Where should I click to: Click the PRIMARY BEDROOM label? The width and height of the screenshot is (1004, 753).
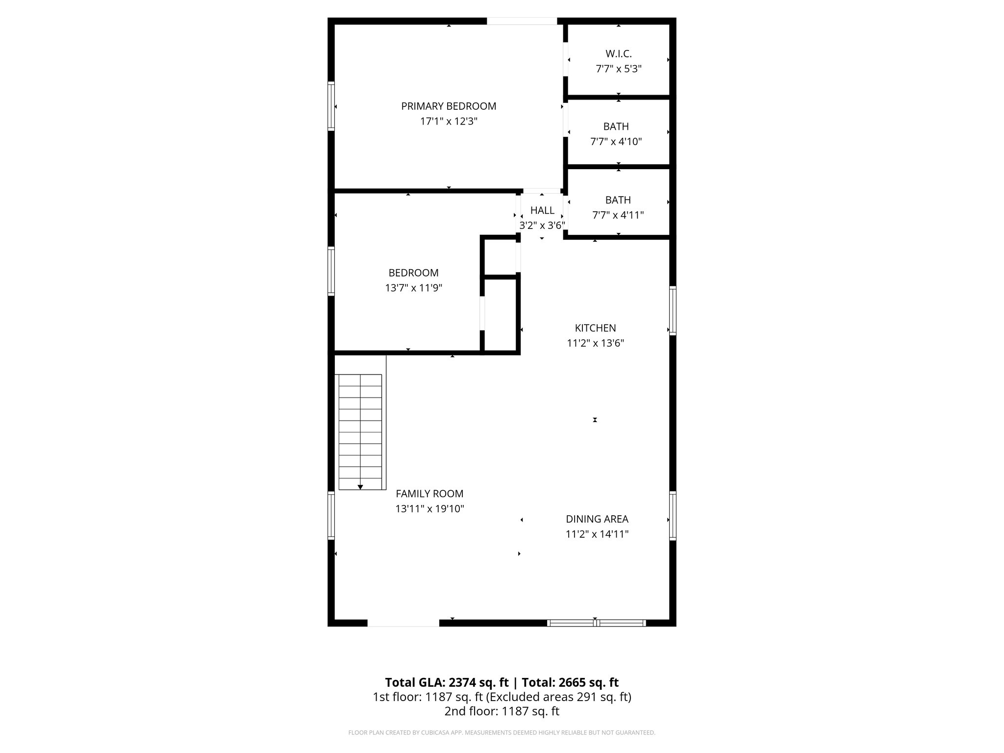pos(449,106)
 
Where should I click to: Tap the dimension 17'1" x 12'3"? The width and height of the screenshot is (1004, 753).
pos(449,121)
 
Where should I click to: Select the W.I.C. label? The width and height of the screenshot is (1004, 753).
pos(618,53)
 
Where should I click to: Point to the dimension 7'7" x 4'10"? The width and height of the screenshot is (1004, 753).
pos(616,142)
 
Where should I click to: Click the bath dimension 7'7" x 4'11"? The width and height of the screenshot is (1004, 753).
pos(618,215)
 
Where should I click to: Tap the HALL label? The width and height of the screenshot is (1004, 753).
pos(542,210)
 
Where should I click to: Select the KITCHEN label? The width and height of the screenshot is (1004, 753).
pos(595,328)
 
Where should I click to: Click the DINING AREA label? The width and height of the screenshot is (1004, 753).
pos(597,519)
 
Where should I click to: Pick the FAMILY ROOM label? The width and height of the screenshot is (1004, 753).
pos(429,494)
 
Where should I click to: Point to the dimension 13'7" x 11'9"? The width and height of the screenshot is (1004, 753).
pos(413,288)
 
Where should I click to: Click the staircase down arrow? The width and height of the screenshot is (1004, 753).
pos(360,486)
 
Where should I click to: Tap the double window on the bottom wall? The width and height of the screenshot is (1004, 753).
pos(596,623)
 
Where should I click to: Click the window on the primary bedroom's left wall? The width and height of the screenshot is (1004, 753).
pos(331,106)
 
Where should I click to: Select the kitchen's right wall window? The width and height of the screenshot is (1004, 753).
pos(673,311)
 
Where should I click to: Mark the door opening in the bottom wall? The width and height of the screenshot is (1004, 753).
pos(403,623)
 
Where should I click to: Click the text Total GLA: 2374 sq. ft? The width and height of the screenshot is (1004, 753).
pos(446,682)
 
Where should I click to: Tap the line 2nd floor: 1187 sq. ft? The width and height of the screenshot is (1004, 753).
pos(502,711)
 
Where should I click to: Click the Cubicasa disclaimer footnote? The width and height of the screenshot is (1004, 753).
pos(502,732)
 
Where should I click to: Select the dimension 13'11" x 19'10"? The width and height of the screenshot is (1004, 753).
pos(429,509)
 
